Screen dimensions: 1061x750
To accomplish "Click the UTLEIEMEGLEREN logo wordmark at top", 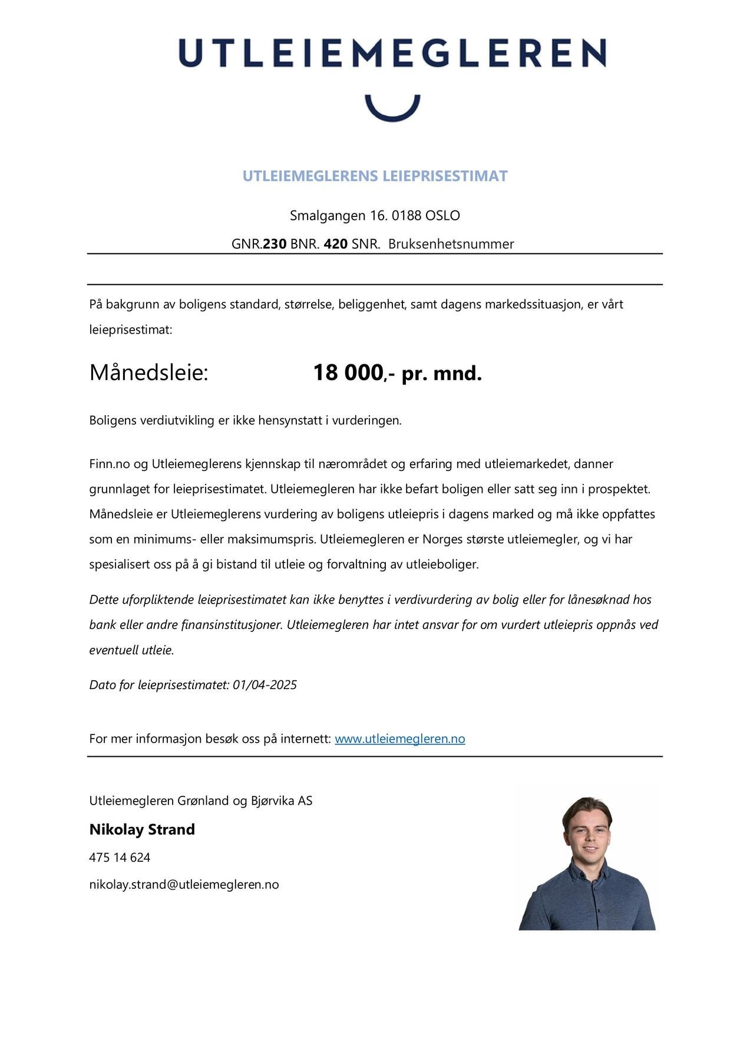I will click(392, 53).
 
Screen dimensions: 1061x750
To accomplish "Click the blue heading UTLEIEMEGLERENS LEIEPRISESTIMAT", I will click(375, 176).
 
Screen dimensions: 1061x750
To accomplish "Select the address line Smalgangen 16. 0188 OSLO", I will click(375, 216).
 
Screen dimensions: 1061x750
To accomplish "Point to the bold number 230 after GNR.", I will click(275, 244).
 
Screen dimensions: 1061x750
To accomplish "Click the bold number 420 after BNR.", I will click(335, 244).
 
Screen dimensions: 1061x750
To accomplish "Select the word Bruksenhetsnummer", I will click(451, 244).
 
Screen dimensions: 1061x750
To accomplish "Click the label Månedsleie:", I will click(148, 373).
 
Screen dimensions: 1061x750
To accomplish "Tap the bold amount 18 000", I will click(348, 373).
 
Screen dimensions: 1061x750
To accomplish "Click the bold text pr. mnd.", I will click(442, 374).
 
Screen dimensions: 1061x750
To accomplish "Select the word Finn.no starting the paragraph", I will click(109, 464).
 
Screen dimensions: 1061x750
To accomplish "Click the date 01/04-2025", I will click(265, 685).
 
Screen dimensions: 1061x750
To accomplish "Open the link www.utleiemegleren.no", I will click(399, 739).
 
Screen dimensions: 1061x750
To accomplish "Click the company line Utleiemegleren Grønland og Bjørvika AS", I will click(200, 801).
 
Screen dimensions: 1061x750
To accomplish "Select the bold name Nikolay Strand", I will click(142, 830).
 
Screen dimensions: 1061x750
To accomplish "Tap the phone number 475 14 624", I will click(120, 858).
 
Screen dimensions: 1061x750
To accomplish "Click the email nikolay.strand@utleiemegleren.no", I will click(184, 885).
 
